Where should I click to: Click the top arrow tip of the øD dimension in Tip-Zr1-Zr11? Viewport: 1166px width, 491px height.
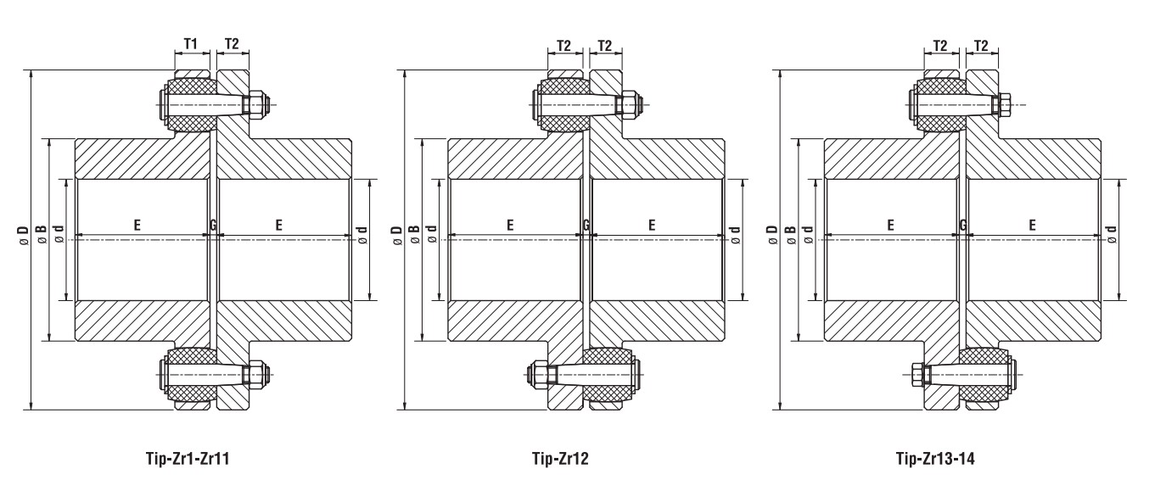click(31, 70)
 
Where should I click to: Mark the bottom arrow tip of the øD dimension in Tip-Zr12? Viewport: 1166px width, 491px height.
click(405, 410)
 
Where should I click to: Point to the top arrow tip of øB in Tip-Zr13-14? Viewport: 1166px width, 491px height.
click(798, 139)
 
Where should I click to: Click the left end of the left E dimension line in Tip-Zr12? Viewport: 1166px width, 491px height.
click(449, 236)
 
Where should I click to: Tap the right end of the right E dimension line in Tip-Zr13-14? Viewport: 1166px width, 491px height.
click(1099, 236)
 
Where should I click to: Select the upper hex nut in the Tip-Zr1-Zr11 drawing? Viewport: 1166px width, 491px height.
click(258, 105)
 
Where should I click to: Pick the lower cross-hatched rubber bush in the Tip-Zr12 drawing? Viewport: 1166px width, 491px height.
click(607, 376)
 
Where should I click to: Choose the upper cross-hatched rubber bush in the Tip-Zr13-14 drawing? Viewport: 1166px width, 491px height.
click(939, 104)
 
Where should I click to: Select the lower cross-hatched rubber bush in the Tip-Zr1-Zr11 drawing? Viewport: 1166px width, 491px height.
click(191, 376)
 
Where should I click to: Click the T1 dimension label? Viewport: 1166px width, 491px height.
click(191, 44)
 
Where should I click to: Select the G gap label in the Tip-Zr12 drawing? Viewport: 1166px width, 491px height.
click(586, 226)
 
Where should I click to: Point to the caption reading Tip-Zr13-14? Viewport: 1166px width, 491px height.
click(935, 458)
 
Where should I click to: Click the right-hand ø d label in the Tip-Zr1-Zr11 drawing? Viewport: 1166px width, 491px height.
click(362, 235)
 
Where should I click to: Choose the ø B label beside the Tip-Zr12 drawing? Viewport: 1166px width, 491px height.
click(414, 235)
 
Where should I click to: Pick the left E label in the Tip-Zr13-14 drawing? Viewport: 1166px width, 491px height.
click(890, 226)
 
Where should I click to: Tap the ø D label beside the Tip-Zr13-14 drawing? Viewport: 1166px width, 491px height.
click(772, 235)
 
